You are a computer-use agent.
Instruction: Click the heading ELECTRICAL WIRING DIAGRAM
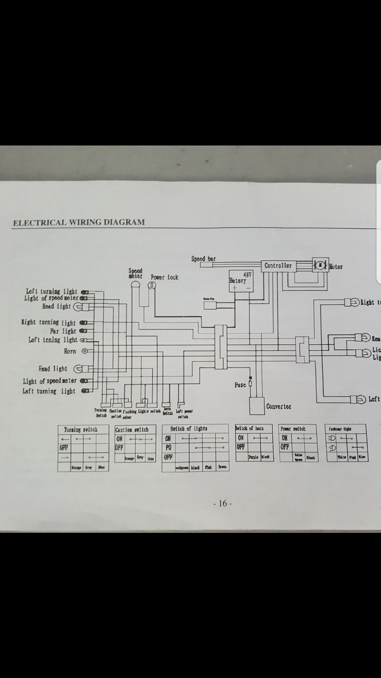78,222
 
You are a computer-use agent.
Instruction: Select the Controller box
278,265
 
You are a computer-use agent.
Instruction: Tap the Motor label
336,266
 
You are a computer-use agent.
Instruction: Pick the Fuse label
240,385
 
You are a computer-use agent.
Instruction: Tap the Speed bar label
203,259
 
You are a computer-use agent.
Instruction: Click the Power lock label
165,277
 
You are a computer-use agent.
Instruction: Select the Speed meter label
135,273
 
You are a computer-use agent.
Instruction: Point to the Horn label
70,351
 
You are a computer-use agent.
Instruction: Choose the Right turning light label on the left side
49,323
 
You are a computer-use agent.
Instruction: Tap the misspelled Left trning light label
53,340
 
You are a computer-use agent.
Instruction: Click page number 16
222,503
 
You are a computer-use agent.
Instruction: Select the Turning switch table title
80,430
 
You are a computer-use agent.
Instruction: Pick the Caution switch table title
132,430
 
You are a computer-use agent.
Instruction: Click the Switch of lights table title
189,428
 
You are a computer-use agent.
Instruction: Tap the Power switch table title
293,428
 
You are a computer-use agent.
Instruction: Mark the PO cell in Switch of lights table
168,448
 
